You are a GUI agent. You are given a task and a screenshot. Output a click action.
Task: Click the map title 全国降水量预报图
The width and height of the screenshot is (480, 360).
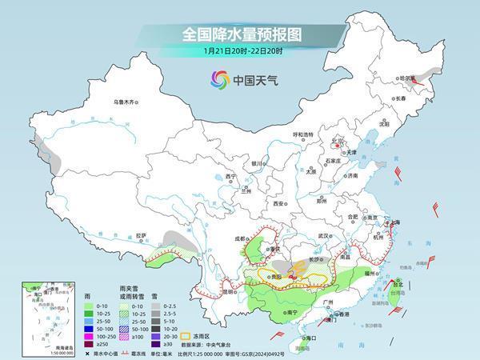pyautogui.click(x=240, y=35)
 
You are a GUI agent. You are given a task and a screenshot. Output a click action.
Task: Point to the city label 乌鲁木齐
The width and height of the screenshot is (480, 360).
pyautogui.click(x=125, y=102)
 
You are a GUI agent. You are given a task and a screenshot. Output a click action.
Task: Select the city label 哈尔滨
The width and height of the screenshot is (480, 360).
pyautogui.click(x=408, y=78)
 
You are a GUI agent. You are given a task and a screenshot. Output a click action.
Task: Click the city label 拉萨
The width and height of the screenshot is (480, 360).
pyautogui.click(x=142, y=235)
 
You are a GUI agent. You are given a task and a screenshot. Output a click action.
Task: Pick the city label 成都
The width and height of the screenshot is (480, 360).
pyautogui.click(x=241, y=238)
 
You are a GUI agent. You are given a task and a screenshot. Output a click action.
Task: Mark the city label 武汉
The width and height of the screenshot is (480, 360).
pyautogui.click(x=324, y=236)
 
